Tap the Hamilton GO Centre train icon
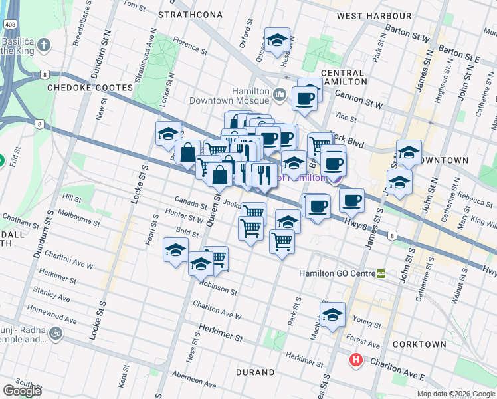[381, 273]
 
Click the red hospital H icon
[356, 360]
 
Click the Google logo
[22, 390]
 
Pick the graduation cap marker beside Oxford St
[277, 41]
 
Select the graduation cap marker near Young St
[332, 315]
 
